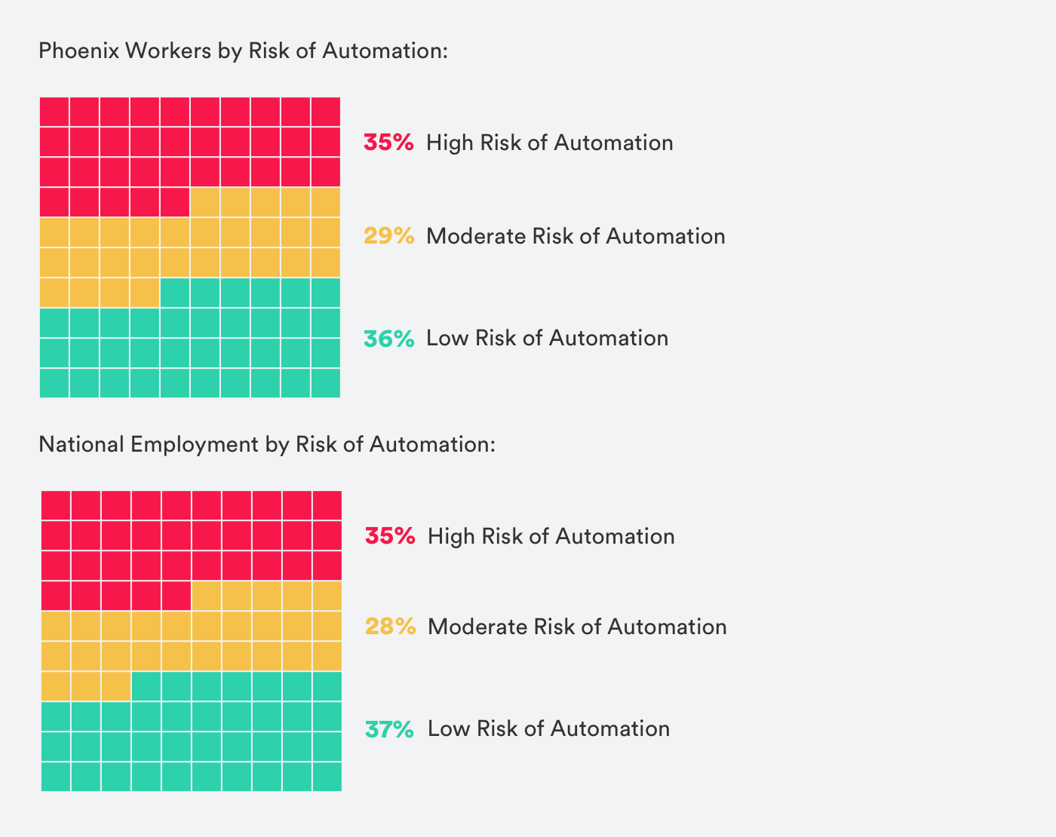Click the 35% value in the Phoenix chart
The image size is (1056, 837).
click(388, 143)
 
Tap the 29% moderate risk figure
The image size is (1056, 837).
click(388, 236)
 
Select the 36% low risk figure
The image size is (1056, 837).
click(388, 338)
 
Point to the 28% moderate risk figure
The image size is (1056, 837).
click(390, 627)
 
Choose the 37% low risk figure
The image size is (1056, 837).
click(389, 728)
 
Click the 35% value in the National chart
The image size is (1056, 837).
click(390, 536)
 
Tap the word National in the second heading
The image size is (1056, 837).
click(81, 444)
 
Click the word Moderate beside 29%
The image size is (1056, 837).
click(475, 236)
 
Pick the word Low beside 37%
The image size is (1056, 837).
click(447, 728)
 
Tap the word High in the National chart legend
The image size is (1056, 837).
click(450, 536)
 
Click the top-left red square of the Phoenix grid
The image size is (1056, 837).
click(54, 112)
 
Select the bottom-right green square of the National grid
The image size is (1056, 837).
click(327, 776)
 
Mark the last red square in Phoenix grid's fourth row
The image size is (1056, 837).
click(174, 202)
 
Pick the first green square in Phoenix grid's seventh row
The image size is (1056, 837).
click(174, 293)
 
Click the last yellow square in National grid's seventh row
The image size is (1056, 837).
click(116, 686)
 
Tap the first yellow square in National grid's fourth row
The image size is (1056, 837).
click(206, 596)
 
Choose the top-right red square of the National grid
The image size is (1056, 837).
click(327, 505)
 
